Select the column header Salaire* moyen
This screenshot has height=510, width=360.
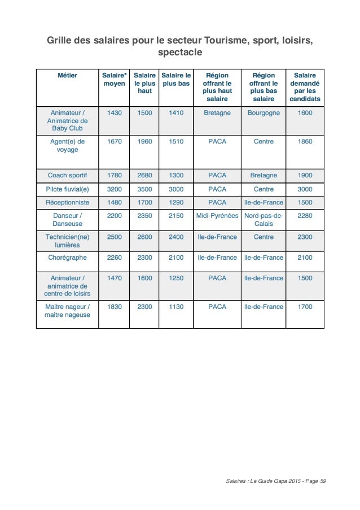(114, 79)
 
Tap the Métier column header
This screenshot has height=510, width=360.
(67, 75)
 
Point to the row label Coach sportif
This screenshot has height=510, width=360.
(67, 175)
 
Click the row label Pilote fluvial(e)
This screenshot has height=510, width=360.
(67, 189)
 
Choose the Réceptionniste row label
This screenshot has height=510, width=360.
(67, 202)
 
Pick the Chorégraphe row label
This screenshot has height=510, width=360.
(67, 258)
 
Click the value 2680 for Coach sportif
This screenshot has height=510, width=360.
(144, 175)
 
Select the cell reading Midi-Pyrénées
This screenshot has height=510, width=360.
(217, 216)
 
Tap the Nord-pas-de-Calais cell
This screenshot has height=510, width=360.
(264, 220)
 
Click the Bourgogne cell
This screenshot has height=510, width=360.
(264, 113)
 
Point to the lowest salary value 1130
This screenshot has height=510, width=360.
(176, 307)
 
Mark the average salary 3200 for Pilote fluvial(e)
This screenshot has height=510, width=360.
(114, 189)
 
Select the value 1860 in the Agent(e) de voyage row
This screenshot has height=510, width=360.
(305, 142)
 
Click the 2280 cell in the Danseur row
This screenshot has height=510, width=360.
(305, 216)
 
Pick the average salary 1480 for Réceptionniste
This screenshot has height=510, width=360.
(114, 202)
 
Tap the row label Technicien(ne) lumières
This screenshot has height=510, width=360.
(67, 242)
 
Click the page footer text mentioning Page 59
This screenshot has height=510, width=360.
(275, 481)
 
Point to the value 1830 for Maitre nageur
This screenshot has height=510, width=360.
(114, 307)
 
